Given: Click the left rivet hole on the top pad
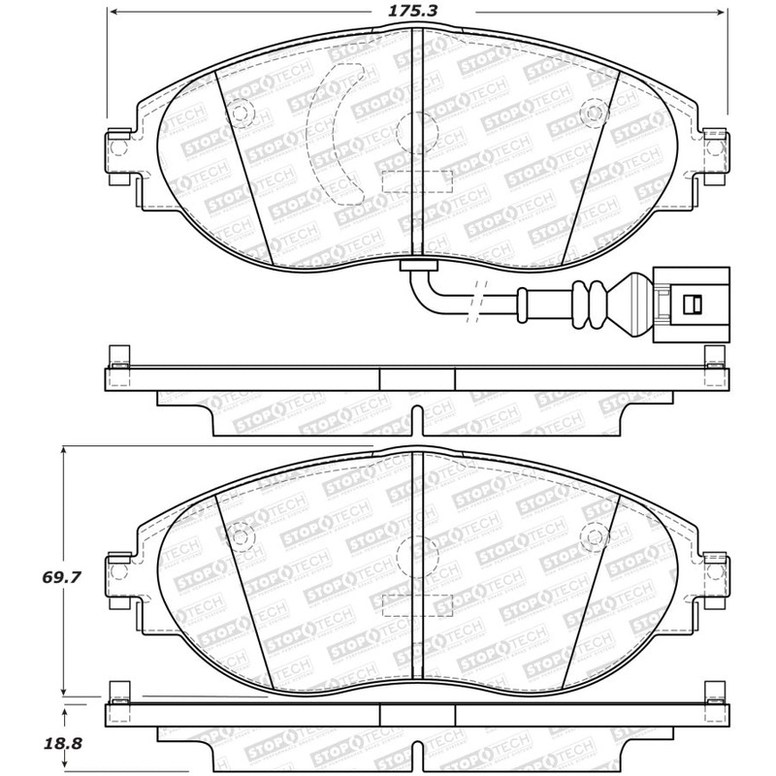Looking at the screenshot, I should [x=239, y=113].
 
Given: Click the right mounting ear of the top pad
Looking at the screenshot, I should [x=714, y=149].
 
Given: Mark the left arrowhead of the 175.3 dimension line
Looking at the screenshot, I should [x=111, y=13].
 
